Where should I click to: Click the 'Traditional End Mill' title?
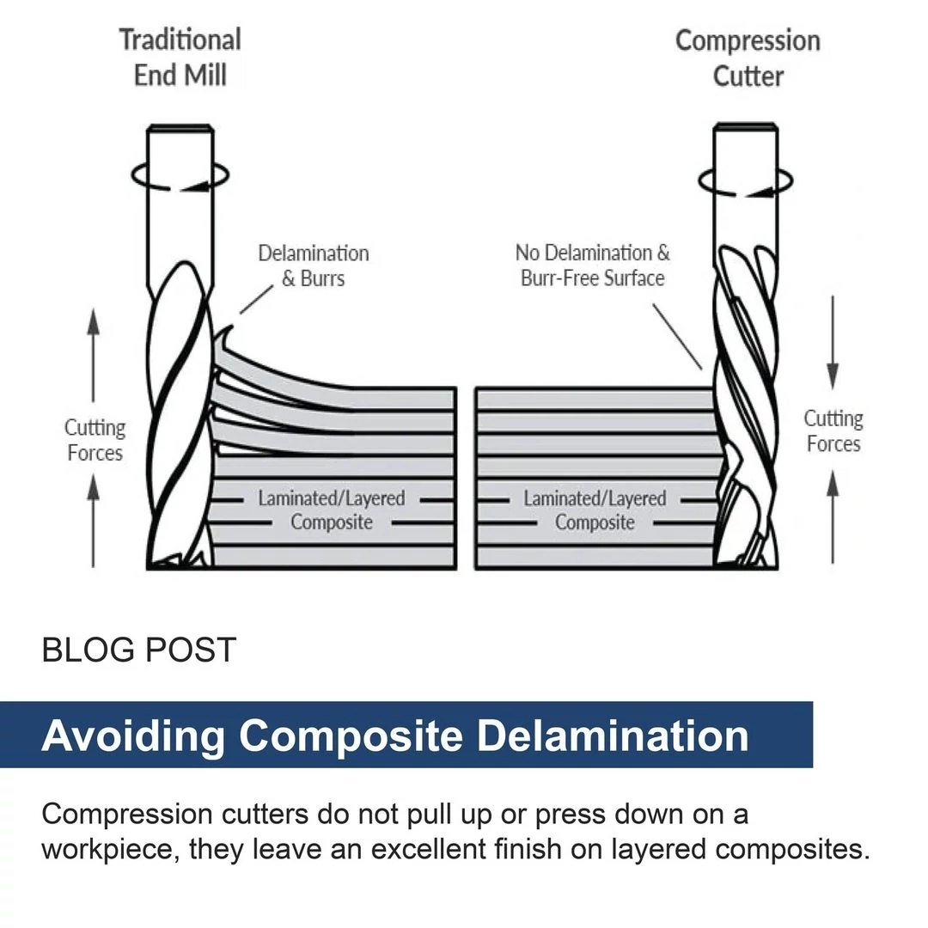coord(180,58)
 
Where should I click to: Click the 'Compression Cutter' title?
coord(748,58)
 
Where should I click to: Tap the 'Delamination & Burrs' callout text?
coord(314,266)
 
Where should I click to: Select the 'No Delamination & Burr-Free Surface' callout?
coord(592,265)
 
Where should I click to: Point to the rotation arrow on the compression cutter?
coord(745,180)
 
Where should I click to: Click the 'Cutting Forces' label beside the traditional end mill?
coord(95,440)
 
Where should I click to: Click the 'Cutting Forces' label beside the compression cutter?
coord(833,431)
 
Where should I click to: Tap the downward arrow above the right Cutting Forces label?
coord(832,344)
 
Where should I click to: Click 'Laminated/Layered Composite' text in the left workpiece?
coord(331,510)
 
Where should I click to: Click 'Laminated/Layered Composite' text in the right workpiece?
coord(595,510)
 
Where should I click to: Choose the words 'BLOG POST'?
coord(138,650)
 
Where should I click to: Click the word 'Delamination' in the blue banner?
coord(613,736)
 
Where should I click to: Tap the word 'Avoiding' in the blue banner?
coord(133,736)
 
